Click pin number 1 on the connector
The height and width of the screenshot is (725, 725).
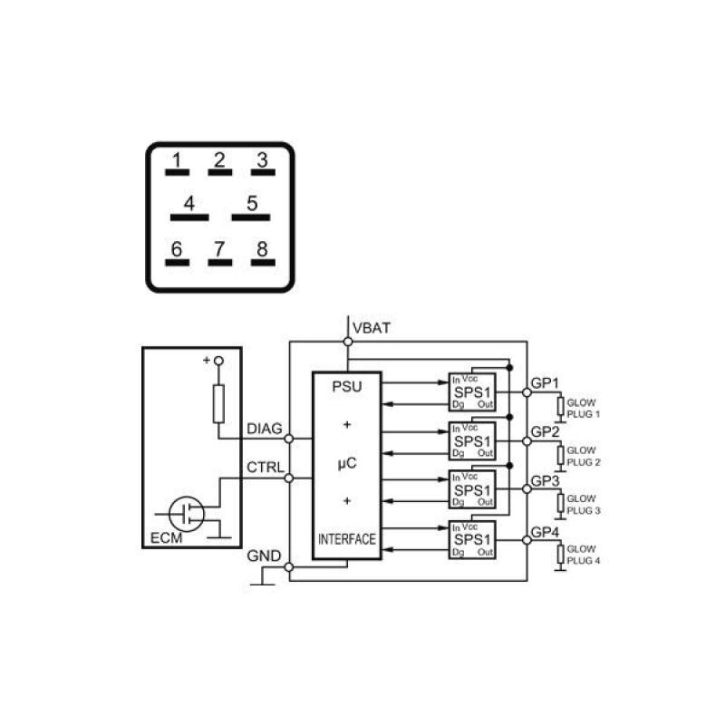tap(178, 163)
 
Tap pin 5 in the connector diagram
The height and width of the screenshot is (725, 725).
tap(252, 206)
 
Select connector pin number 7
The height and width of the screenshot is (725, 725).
tap(219, 251)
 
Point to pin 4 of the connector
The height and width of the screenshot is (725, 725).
tap(189, 206)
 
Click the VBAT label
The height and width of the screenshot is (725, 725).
tap(372, 327)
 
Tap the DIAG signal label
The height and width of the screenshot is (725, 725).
tap(265, 428)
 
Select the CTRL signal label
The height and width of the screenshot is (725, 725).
tap(265, 468)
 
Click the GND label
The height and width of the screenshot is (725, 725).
tap(264, 556)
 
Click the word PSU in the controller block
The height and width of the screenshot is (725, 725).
tap(346, 387)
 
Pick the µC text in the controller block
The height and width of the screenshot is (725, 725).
tap(346, 462)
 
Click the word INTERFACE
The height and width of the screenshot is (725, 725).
tap(346, 539)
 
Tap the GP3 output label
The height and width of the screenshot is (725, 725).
tap(545, 481)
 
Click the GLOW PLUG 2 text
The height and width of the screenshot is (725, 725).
tap(582, 456)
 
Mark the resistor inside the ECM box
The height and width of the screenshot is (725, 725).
tap(217, 402)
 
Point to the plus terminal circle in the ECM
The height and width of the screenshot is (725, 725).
tap(217, 361)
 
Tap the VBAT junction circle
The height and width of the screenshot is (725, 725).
tap(347, 342)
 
